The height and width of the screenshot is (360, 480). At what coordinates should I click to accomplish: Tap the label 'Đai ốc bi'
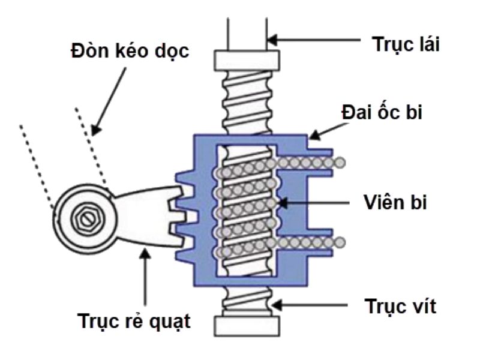tap(382, 113)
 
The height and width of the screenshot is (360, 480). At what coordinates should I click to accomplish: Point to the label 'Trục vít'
tap(400, 307)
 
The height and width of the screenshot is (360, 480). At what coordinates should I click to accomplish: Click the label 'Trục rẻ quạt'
tap(136, 321)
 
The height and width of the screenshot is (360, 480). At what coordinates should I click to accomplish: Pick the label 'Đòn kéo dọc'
tap(127, 52)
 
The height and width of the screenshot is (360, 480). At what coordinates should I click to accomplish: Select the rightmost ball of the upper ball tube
tap(340, 162)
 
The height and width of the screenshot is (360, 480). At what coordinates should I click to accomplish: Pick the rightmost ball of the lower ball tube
tap(340, 242)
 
